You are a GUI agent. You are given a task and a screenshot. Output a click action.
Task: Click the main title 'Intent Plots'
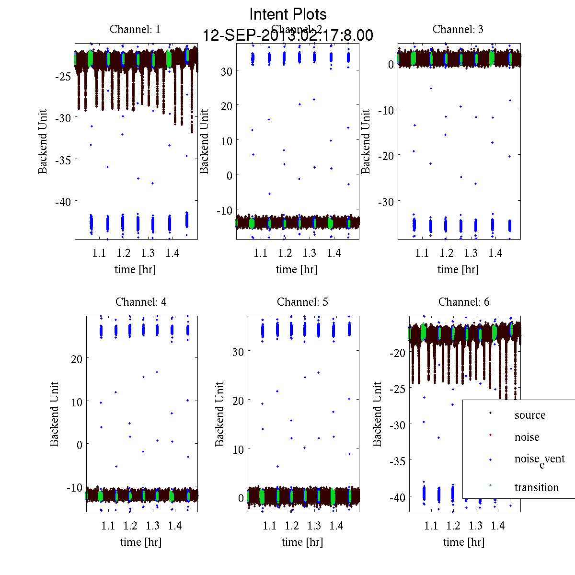click(x=288, y=14)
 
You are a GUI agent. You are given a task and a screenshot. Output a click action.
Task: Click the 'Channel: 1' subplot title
click(x=135, y=29)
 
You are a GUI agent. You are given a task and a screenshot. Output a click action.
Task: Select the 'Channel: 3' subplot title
click(x=458, y=29)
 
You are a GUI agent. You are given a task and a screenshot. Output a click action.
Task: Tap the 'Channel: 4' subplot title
click(x=141, y=302)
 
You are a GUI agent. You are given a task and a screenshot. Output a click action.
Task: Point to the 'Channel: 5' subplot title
click(x=302, y=302)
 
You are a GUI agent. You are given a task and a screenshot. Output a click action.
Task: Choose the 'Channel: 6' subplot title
click(x=464, y=302)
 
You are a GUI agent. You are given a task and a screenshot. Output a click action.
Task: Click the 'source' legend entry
click(x=529, y=415)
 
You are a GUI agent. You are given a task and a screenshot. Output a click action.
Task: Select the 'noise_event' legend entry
click(x=539, y=460)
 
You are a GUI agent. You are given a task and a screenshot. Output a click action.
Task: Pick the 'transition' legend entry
click(x=536, y=487)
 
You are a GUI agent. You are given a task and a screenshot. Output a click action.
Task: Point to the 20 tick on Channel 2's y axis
click(x=226, y=105)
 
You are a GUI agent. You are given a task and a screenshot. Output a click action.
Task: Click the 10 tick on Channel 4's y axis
click(x=77, y=402)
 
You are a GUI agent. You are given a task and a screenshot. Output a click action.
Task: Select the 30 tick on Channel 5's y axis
click(x=238, y=352)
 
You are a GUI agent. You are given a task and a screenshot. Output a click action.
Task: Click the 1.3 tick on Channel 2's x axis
click(x=310, y=253)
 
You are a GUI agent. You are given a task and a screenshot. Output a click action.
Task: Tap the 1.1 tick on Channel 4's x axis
click(x=108, y=526)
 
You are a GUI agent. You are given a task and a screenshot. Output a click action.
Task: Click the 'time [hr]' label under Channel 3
click(x=458, y=269)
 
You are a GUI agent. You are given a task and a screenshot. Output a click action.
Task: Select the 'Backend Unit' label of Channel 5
click(x=219, y=414)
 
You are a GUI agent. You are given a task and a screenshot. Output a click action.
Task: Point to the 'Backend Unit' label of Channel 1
click(x=43, y=141)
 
